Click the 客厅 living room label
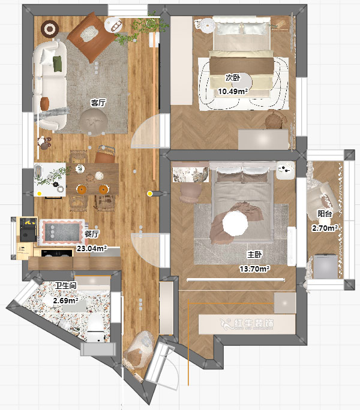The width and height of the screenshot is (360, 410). coord(98,103)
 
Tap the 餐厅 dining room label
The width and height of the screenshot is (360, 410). coord(92,234)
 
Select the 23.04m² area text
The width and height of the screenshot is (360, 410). coord(92,248)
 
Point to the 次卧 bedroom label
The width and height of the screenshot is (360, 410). coord(233,78)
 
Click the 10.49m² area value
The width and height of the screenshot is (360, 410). coord(233,92)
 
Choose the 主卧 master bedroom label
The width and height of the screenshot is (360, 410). coord(255,254)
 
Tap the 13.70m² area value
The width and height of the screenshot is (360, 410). coord(255,269)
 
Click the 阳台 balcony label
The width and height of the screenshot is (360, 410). coord(325,213)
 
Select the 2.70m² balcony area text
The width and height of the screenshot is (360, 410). coord(325,228)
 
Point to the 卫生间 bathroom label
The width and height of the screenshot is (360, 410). coord(66,285)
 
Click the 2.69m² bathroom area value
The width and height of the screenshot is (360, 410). coord(66,301)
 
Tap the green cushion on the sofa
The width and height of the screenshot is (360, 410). coord(58,64)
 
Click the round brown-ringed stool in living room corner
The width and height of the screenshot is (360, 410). coord(50,29)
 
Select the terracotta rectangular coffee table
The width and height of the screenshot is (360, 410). coord(92,37)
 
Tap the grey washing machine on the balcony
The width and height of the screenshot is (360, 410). coord(325,266)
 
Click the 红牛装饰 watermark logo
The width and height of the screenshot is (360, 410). coord(247,324)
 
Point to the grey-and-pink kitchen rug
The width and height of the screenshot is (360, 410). coord(62,232)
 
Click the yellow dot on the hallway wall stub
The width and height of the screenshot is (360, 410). coord(150,194)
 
